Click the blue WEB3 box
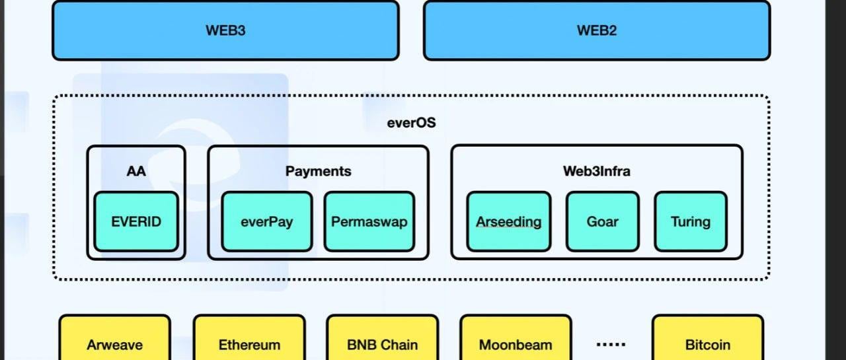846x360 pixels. pos(225,30)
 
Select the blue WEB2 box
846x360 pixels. pos(597,30)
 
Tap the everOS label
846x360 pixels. pos(411,123)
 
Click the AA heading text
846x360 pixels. pos(136,171)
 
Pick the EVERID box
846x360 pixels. pos(136,221)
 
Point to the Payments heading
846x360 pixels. pos(318,171)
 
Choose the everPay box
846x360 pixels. pos(266,221)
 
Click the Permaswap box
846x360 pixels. pos(369,221)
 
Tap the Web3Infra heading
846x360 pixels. pos(597,171)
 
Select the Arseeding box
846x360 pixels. pos(508,221)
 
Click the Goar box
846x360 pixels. pos(602,221)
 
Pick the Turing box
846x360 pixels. pos(691,221)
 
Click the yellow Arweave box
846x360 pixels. pos(114,338)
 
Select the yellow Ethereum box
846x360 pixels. pos(249,338)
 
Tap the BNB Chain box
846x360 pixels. pos(382,338)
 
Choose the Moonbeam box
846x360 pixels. pos(516,338)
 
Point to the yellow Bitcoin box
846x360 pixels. pos(708,338)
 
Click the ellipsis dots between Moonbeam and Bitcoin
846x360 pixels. pos(611,344)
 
